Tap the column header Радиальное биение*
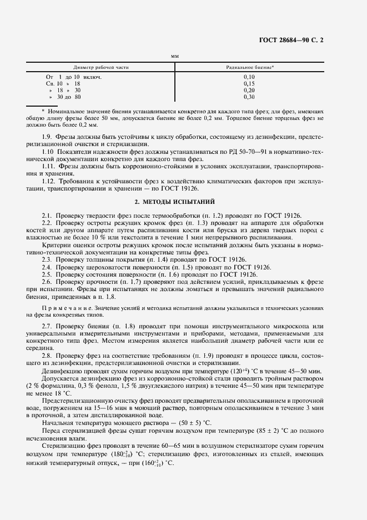(x=249, y=67)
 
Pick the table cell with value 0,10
(x=249, y=77)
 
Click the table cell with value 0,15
(x=249, y=83)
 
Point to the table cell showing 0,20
(x=249, y=90)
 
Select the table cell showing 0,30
(x=249, y=97)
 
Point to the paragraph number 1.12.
(x=49, y=182)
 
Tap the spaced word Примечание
(x=62, y=308)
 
